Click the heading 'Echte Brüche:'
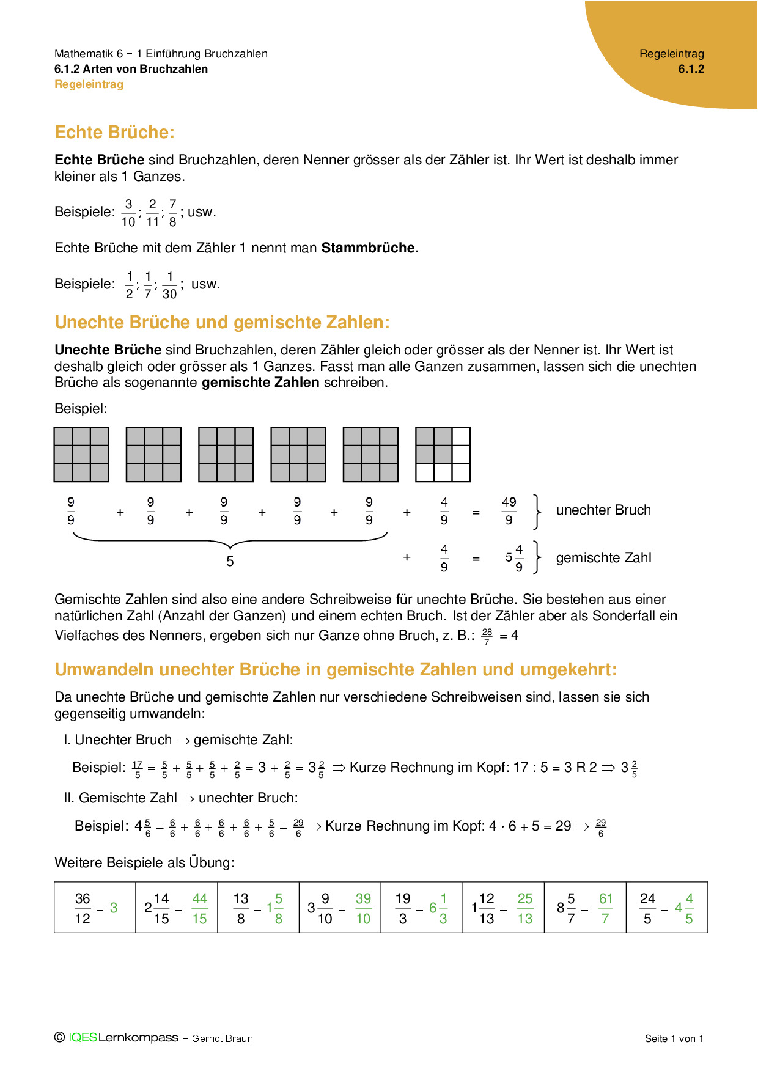tap(114, 133)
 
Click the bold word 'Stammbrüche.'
tap(370, 248)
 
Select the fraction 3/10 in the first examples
tap(128, 213)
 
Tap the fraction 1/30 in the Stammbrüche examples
tap(169, 285)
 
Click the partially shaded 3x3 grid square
tap(443, 455)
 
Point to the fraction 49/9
tap(509, 511)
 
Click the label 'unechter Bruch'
tap(603, 510)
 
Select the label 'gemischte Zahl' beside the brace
tap(603, 558)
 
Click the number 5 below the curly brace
tap(230, 562)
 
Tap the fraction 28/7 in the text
tap(487, 637)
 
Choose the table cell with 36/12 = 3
tap(95, 908)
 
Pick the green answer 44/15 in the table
tap(200, 908)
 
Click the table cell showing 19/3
tap(422, 908)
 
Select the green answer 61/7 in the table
tap(605, 908)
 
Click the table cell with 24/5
tap(667, 908)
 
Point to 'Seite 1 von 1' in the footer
tap(674, 1038)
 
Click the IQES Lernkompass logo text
tap(123, 1038)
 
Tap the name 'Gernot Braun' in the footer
tap(223, 1038)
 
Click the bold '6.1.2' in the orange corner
tap(691, 69)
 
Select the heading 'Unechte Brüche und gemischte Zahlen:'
tap(222, 323)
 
